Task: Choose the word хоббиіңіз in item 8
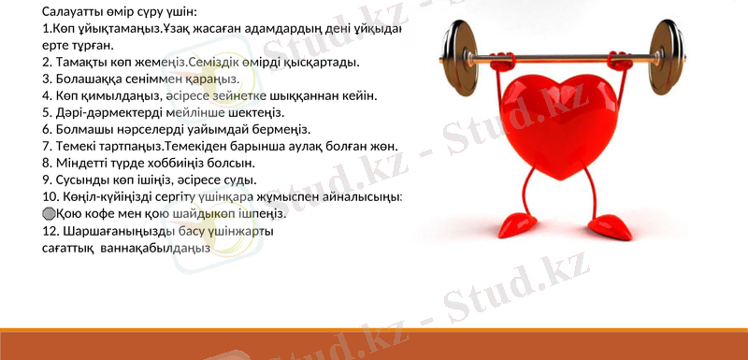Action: (x=159, y=163)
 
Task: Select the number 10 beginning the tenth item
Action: (x=50, y=196)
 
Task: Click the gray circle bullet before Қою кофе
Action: (x=50, y=213)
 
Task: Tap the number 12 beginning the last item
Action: (x=50, y=230)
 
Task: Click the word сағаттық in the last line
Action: (x=67, y=248)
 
